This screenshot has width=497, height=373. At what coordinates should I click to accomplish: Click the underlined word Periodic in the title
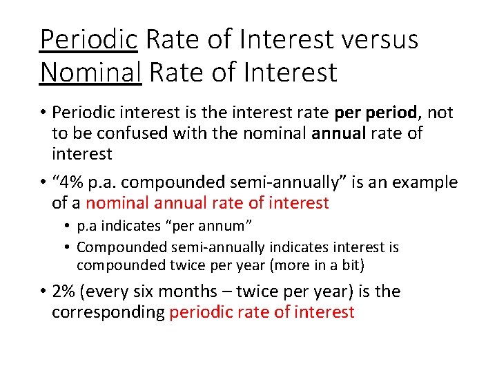[88, 39]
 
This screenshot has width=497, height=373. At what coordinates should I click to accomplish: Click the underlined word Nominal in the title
[90, 72]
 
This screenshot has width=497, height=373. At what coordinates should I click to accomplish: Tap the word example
[423, 183]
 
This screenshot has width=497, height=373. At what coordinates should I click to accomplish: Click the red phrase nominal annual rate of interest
[207, 203]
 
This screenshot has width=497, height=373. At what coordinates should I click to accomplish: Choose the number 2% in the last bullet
[64, 291]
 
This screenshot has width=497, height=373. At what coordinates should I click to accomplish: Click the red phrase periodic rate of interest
[262, 312]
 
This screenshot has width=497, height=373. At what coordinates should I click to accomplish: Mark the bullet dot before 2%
[43, 291]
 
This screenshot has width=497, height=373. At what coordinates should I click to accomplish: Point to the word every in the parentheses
[110, 291]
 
